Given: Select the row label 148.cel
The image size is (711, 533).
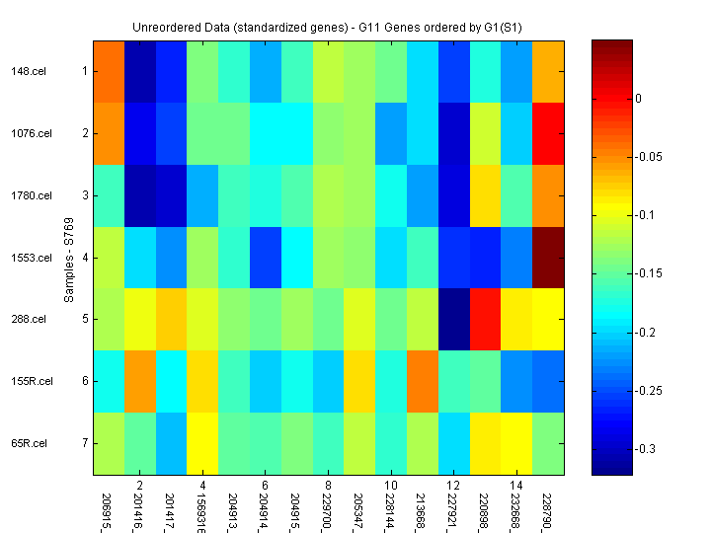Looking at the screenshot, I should pyautogui.click(x=28, y=71).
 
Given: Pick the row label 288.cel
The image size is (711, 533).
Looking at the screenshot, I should pyautogui.click(x=28, y=320).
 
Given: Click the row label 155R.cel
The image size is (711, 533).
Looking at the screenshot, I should pyautogui.click(x=31, y=381).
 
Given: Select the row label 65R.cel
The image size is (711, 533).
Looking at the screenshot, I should pyautogui.click(x=29, y=443).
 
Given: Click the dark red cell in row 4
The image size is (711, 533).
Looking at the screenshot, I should pyautogui.click(x=549, y=258).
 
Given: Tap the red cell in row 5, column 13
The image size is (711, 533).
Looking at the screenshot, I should pyautogui.click(x=486, y=320).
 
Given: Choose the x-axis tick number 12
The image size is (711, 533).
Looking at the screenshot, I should pyautogui.click(x=453, y=486).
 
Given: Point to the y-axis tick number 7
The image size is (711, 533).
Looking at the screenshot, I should pyautogui.click(x=85, y=443).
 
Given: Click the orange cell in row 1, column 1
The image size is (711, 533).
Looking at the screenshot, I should pyautogui.click(x=110, y=71).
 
